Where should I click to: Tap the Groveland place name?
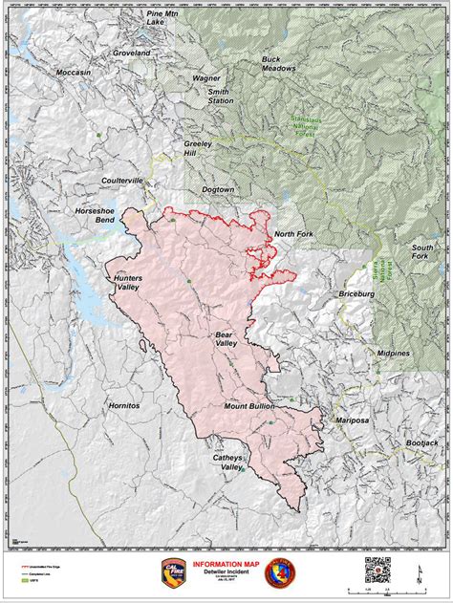130,54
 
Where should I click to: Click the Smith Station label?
222,96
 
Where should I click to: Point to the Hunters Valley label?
128,283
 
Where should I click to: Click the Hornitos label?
124,405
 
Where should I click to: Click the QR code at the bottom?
377,570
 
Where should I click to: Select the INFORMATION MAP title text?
226,564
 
